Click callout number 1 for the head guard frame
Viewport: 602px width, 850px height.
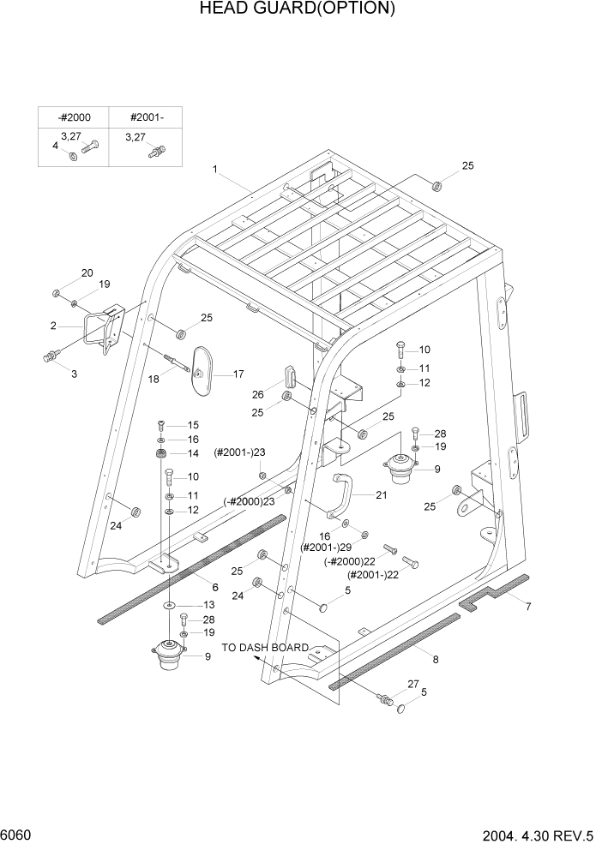tap(215, 170)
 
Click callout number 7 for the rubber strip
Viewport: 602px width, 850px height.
tap(528, 608)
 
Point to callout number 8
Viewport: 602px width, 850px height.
tap(436, 659)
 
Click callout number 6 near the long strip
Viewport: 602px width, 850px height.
tap(215, 587)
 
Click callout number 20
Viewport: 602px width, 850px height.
tap(87, 273)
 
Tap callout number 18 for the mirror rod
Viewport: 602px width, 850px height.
tap(155, 379)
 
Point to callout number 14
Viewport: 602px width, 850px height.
tap(193, 453)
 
